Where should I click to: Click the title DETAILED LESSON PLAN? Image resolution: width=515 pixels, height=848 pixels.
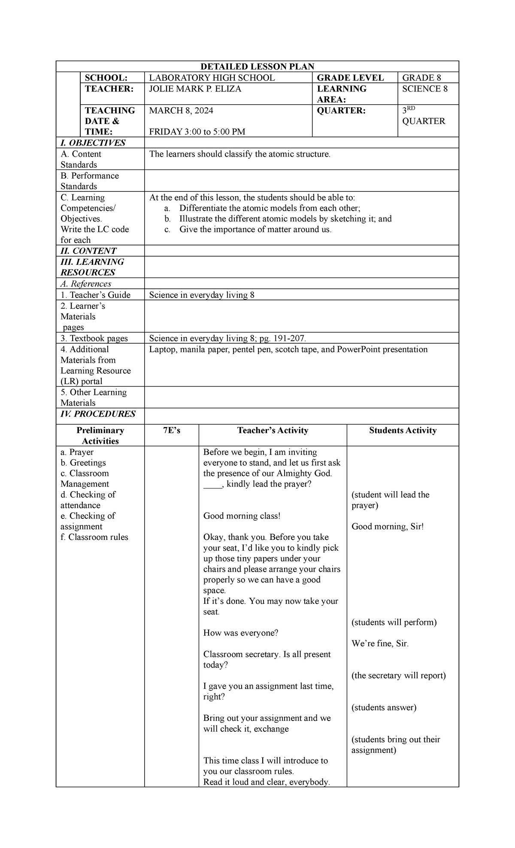point(257,67)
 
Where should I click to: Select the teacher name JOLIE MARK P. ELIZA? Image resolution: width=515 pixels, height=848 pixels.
point(195,89)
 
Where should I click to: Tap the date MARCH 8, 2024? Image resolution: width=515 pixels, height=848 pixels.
point(181,111)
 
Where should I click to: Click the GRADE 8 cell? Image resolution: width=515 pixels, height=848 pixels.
point(421,78)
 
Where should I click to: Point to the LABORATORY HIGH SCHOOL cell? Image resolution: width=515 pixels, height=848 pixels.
point(212,78)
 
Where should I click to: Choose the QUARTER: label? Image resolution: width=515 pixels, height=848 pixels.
point(341,111)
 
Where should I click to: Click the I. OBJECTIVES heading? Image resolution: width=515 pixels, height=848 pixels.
point(93,143)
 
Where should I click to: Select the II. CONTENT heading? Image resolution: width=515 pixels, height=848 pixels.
point(88,251)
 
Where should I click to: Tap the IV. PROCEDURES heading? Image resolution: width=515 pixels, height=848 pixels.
point(98,414)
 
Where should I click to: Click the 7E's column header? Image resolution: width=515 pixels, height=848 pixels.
point(172,430)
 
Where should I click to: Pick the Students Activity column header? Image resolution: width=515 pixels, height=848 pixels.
point(403,430)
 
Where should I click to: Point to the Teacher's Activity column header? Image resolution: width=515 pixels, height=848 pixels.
point(273,430)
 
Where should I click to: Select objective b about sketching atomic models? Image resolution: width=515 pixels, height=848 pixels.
point(285,219)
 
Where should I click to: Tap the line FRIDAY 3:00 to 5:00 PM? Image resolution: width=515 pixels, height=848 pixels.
point(197,132)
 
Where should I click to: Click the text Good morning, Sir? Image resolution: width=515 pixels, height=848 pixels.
point(387,527)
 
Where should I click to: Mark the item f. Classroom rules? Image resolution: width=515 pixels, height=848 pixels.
point(94,537)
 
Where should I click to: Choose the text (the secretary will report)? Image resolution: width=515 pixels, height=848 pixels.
point(398,675)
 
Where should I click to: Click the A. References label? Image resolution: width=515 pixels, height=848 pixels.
point(86,284)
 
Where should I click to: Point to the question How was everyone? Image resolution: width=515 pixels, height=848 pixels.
point(240,633)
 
